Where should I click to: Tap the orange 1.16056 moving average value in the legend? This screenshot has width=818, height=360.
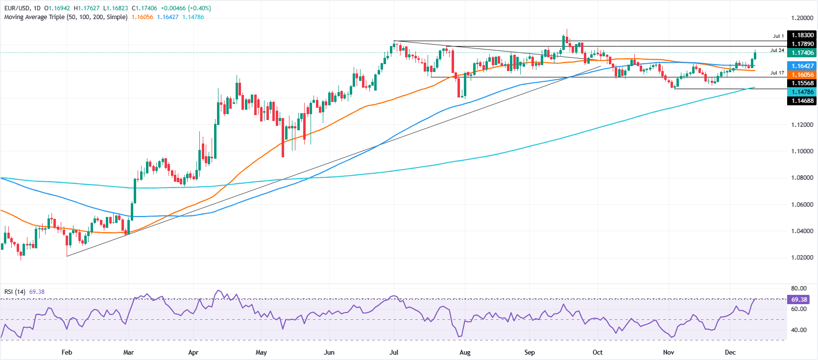coord(142,17)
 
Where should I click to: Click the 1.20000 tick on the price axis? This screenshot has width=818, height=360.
coord(802,18)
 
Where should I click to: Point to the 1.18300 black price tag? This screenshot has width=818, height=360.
coord(801,35)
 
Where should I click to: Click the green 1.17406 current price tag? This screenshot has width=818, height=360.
coord(801,53)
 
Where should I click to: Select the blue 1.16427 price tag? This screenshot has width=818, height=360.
coord(801,66)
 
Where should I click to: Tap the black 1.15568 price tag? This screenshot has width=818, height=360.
coord(801,83)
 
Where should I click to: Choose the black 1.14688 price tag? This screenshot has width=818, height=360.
coord(801,101)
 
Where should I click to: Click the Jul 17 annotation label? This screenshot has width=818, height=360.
coord(777,73)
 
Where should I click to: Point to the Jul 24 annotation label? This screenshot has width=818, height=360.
coord(777,50)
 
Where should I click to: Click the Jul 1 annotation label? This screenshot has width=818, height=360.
coord(778,36)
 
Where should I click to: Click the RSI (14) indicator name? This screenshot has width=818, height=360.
coord(15,292)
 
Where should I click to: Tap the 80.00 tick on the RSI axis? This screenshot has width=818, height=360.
coord(798,288)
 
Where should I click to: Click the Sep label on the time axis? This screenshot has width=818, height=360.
coord(529,353)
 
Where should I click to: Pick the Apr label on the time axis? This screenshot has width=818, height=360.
coord(193,353)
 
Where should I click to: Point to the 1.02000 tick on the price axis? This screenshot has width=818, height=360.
coord(802,258)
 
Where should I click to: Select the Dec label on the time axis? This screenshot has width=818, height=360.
coord(730,353)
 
